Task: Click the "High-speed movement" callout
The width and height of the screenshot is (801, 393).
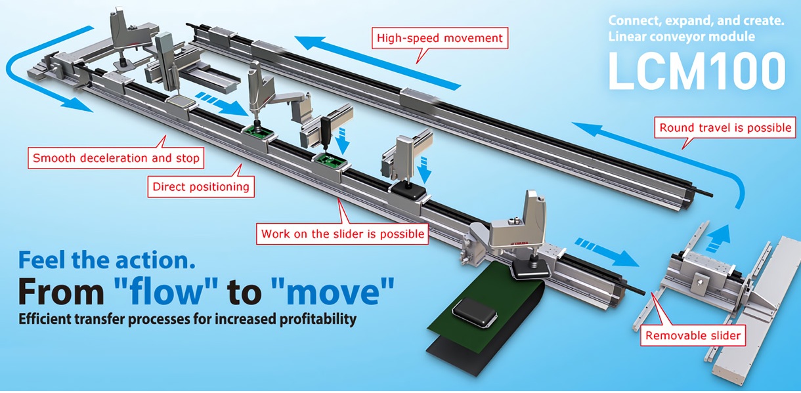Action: pyautogui.click(x=440, y=38)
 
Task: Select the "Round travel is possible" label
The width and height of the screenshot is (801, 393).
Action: pyautogui.click(x=725, y=127)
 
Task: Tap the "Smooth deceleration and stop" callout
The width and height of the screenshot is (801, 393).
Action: pyautogui.click(x=116, y=158)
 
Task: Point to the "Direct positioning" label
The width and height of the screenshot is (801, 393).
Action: pyautogui.click(x=201, y=186)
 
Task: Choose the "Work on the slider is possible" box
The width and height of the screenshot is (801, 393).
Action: pyautogui.click(x=343, y=234)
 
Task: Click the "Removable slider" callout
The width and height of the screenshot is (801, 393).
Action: pyautogui.click(x=693, y=335)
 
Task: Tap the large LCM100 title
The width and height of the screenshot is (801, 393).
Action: pyautogui.click(x=697, y=71)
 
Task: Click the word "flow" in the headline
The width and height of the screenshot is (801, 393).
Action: pyautogui.click(x=165, y=292)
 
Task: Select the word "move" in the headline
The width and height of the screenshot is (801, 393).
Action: pyautogui.click(x=333, y=292)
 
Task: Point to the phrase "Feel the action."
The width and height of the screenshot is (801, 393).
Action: pyautogui.click(x=106, y=260)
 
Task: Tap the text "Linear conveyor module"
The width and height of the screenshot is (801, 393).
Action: pyautogui.click(x=682, y=37)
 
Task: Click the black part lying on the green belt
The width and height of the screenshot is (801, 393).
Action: pyautogui.click(x=475, y=312)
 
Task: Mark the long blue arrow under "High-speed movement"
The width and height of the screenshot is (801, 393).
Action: pyautogui.click(x=378, y=62)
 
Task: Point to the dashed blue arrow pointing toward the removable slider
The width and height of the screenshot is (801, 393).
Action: pyautogui.click(x=607, y=252)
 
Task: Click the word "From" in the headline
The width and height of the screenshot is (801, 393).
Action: pyautogui.click(x=61, y=292)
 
